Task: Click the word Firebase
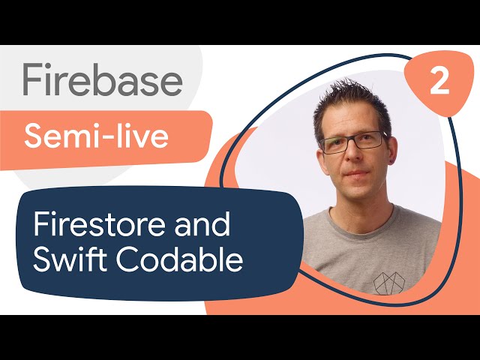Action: pyautogui.click(x=102, y=79)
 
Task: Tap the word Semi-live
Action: pyautogui.click(x=97, y=136)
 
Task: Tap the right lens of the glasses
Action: pyautogui.click(x=370, y=141)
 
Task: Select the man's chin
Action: pyautogui.click(x=358, y=191)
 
